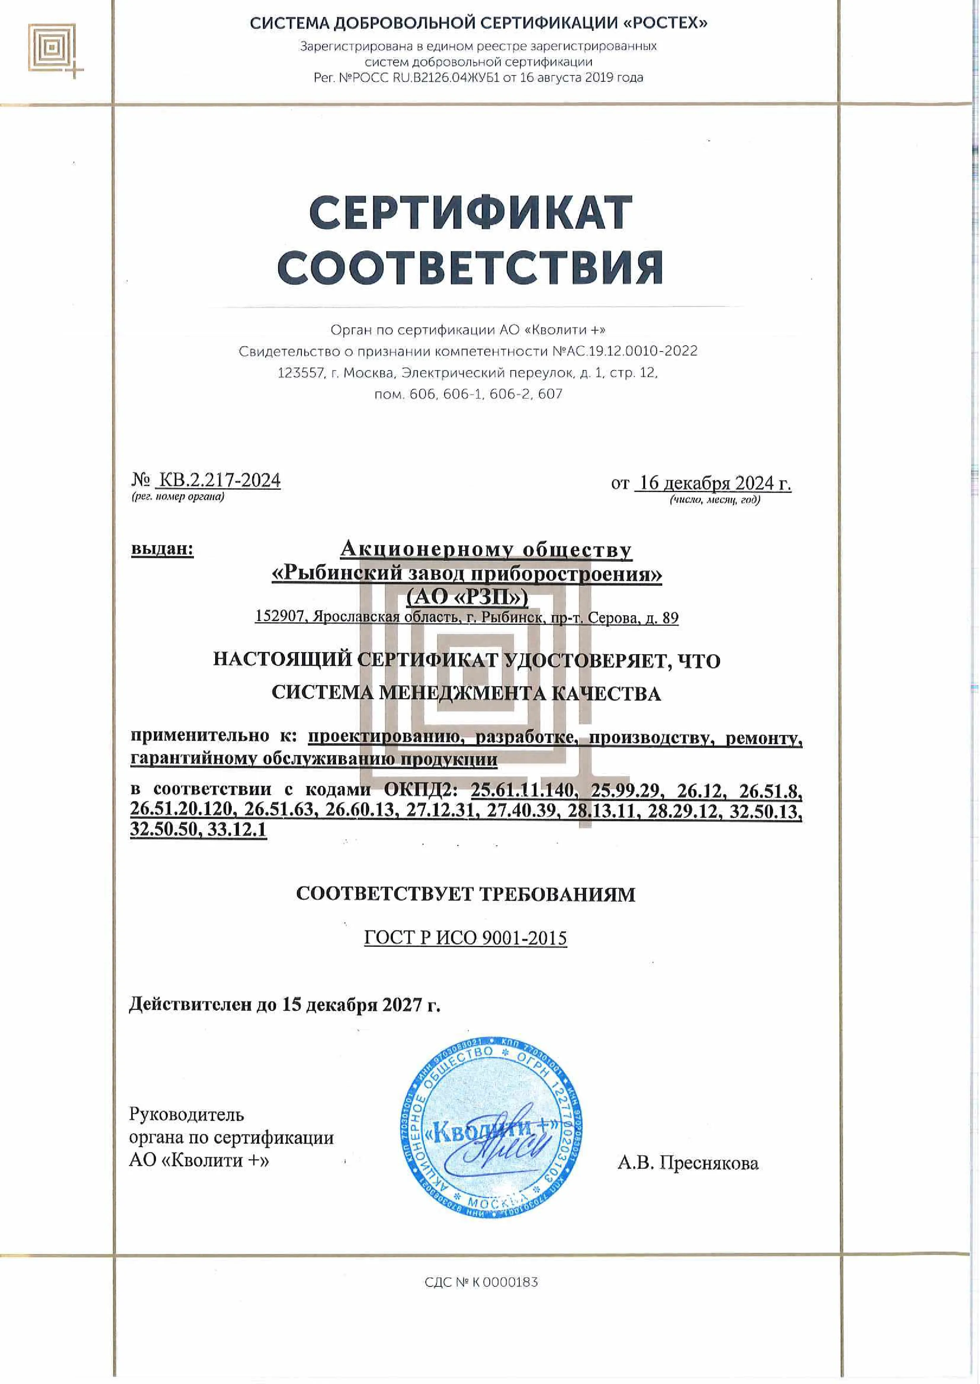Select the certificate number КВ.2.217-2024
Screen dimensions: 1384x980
(218, 480)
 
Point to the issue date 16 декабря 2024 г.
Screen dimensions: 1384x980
(714, 483)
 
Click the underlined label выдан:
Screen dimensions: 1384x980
(162, 549)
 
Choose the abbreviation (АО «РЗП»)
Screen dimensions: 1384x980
(467, 596)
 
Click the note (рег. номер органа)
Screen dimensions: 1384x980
(177, 497)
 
